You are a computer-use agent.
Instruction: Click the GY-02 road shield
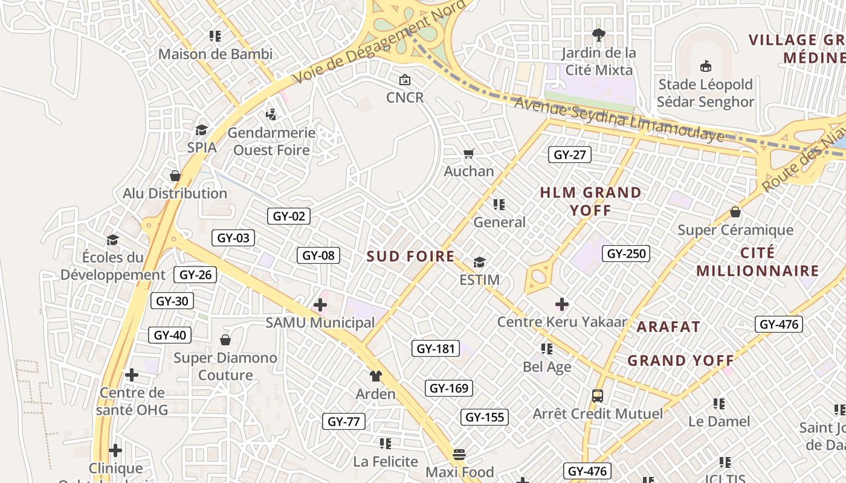tap(289, 216)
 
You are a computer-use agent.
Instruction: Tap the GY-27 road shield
tap(570, 155)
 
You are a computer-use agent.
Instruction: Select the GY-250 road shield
tap(626, 254)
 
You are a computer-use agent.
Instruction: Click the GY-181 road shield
tap(435, 348)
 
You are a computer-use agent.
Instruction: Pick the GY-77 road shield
tap(343, 421)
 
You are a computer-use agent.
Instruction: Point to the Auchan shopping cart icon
tap(469, 153)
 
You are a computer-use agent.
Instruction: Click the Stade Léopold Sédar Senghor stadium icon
tap(705, 66)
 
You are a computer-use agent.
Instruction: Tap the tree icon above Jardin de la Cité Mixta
tap(598, 34)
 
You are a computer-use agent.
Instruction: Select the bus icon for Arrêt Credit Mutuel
tap(597, 396)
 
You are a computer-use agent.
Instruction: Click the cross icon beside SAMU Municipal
tap(320, 305)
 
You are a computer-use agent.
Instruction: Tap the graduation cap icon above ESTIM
tap(479, 262)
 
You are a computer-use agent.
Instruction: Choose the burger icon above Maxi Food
tap(459, 454)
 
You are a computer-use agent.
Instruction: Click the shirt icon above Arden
tap(375, 376)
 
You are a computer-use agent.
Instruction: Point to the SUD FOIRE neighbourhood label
tap(410, 256)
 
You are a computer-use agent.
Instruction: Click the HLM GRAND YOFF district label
tap(590, 201)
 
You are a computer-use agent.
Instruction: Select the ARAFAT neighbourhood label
tap(668, 327)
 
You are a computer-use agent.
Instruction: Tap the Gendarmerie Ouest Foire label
tap(271, 141)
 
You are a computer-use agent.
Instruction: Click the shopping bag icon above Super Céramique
tap(735, 212)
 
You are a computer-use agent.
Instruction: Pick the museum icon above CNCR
tap(404, 80)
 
